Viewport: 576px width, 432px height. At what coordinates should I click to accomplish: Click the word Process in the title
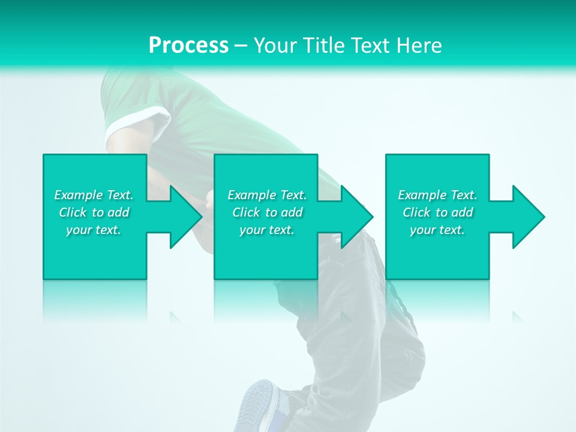[x=188, y=45]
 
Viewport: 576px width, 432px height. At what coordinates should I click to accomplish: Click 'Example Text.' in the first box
[x=94, y=195]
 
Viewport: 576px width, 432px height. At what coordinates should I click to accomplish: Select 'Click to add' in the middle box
[x=267, y=212]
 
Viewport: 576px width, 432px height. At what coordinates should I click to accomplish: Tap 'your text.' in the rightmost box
[x=437, y=230]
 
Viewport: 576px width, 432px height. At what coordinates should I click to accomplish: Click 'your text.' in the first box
[x=94, y=230]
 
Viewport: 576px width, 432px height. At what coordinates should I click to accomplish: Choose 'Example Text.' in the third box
[x=437, y=195]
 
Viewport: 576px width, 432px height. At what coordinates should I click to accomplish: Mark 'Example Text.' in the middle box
[x=267, y=195]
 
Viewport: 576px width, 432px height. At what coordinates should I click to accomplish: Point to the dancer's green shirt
[x=198, y=108]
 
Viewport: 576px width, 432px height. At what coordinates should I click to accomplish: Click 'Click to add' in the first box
[x=94, y=212]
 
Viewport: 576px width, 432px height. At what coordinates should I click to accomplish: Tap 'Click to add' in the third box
[x=437, y=212]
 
